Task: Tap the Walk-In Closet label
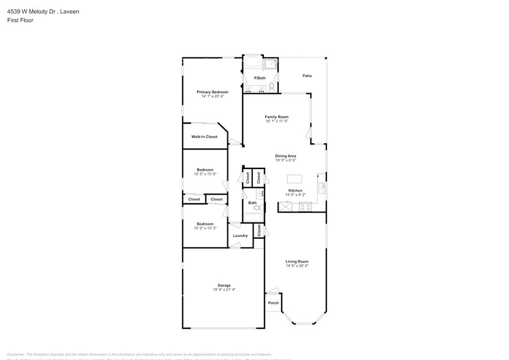[204, 137]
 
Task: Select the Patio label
[307, 76]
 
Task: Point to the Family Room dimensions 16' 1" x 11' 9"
[276, 121]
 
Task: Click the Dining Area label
[285, 156]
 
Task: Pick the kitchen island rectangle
[295, 179]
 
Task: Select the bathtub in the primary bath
[252, 64]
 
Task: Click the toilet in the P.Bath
[272, 86]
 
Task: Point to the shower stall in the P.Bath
[271, 64]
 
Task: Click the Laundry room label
[240, 236]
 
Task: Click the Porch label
[273, 303]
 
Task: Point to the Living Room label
[296, 261]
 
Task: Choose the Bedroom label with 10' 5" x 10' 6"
[205, 170]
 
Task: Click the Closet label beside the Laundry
[259, 230]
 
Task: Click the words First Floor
[20, 20]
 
